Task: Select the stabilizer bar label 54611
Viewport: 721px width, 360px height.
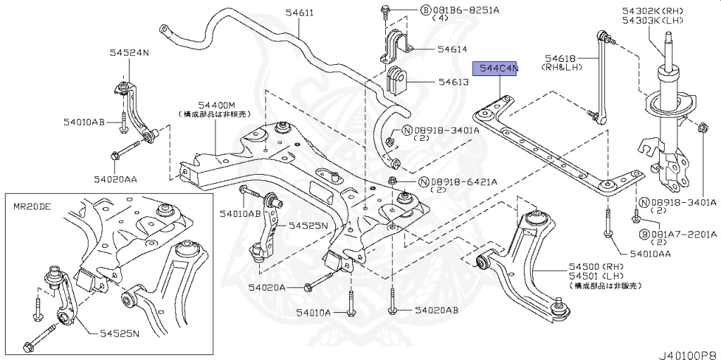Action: (x=280, y=13)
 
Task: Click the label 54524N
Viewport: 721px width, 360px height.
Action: (x=128, y=52)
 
